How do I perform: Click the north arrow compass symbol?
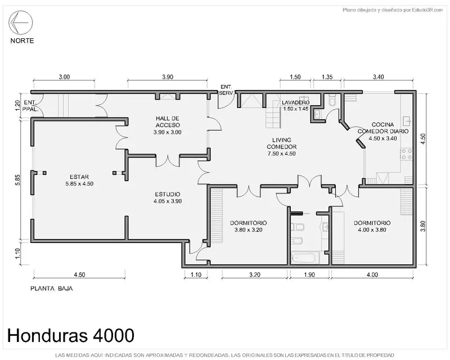click(x=20, y=22)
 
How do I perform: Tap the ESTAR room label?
click(x=79, y=181)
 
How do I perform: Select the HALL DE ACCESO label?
click(x=168, y=125)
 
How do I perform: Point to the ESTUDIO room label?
click(x=168, y=197)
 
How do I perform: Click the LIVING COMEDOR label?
click(x=282, y=147)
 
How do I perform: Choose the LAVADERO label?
click(x=296, y=105)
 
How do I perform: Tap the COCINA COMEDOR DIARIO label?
click(x=383, y=132)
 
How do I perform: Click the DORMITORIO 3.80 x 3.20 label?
click(x=248, y=226)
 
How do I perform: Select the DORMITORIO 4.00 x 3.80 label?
click(x=372, y=226)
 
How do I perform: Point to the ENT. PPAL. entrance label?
click(x=30, y=106)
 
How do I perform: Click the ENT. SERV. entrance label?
click(x=227, y=90)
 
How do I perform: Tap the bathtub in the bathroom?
click(x=305, y=258)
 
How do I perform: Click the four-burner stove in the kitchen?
click(x=406, y=154)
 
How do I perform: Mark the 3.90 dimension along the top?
click(x=168, y=77)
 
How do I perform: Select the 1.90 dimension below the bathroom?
click(x=309, y=274)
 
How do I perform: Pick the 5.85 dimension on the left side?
click(x=18, y=179)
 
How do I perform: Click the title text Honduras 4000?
click(x=71, y=335)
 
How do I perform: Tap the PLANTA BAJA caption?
click(x=52, y=289)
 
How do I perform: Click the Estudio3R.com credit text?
click(x=427, y=10)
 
